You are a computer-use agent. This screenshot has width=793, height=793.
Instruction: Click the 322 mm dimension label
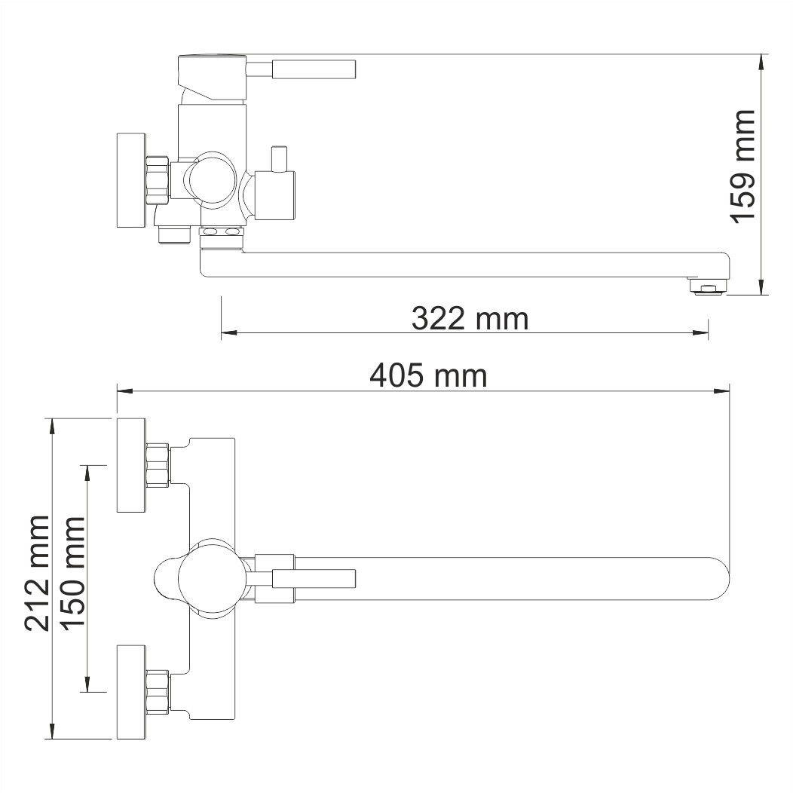(470, 319)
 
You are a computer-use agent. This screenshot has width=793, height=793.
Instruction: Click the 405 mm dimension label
(427, 375)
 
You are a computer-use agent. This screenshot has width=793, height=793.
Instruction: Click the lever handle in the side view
(313, 69)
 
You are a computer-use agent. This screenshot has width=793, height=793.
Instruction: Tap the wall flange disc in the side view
(130, 180)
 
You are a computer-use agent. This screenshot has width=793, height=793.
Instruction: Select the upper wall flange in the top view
(130, 463)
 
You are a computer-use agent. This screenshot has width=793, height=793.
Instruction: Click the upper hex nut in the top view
(158, 464)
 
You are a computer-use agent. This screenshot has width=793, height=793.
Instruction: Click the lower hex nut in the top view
(158, 690)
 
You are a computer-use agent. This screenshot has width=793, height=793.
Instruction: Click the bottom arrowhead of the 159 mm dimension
(763, 287)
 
